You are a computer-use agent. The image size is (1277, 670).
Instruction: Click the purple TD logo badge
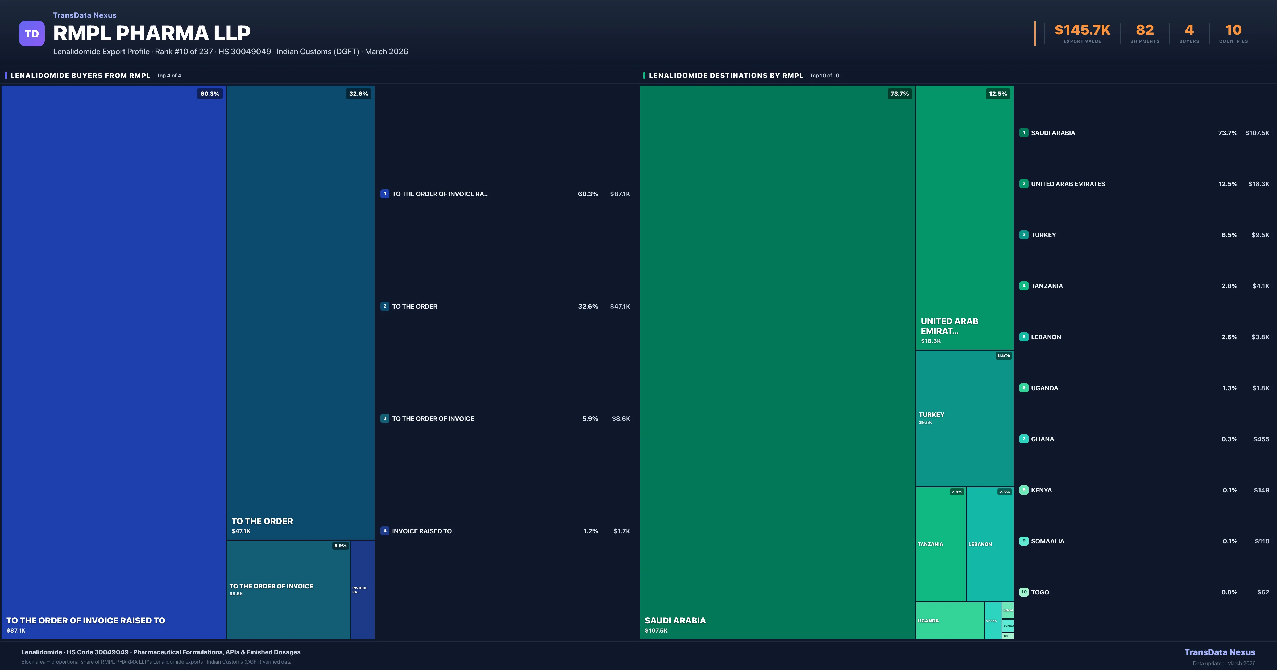pos(32,34)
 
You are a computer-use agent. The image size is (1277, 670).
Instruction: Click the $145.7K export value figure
pos(1082,30)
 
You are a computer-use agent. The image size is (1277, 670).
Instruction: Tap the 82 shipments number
pos(1145,30)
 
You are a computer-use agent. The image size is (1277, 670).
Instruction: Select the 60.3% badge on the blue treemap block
pos(210,94)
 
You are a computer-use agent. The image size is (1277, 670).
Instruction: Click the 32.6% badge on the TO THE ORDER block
pos(358,94)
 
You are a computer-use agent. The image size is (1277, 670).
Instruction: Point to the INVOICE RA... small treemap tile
pos(362,590)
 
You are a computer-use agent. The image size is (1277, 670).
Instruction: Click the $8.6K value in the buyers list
pos(621,419)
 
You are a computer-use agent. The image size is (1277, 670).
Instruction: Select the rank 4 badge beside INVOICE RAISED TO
pos(385,531)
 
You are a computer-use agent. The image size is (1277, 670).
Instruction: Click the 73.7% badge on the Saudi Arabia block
pos(899,94)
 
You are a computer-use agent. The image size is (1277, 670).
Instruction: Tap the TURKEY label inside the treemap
pos(931,415)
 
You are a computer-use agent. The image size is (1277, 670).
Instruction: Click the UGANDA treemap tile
pos(949,621)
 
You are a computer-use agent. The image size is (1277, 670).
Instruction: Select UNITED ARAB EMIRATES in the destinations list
pos(1068,184)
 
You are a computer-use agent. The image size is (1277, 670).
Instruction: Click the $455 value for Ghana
pos(1261,439)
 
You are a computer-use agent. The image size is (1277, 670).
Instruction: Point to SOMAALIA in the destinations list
pos(1047,541)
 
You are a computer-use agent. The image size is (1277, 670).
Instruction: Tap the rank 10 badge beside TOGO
pos(1024,592)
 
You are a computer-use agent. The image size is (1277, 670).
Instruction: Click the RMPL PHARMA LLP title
pos(152,33)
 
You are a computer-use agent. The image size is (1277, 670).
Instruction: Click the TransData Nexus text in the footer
pos(1220,652)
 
